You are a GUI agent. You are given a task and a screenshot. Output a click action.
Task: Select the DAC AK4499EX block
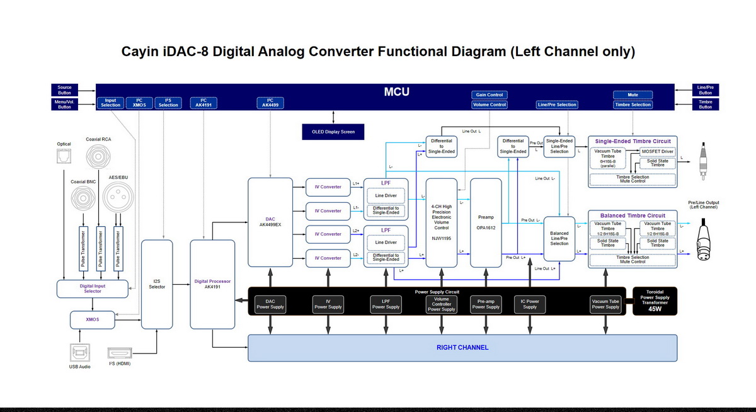(x=270, y=222)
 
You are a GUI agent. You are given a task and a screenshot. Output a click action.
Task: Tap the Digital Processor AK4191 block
(x=212, y=284)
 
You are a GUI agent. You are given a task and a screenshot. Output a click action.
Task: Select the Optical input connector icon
(x=64, y=158)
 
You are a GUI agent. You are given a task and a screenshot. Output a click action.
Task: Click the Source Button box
(x=64, y=90)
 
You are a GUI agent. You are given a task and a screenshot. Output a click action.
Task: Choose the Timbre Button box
(x=705, y=104)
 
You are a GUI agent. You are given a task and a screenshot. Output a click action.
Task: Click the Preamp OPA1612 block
(x=486, y=222)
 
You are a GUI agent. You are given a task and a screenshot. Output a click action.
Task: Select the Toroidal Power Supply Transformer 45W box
(x=654, y=301)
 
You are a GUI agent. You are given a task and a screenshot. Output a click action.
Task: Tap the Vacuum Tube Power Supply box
(x=605, y=304)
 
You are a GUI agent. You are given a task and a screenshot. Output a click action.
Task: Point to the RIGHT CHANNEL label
(x=462, y=347)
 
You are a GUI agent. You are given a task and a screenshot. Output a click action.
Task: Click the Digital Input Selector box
(x=93, y=289)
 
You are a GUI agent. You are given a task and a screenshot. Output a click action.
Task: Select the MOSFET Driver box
(x=658, y=151)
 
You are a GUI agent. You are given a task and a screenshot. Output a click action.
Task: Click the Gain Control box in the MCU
(x=490, y=94)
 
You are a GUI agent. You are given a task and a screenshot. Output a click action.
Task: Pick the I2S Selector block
(x=157, y=284)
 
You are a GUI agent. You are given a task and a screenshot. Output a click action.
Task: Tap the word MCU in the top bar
(x=397, y=92)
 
